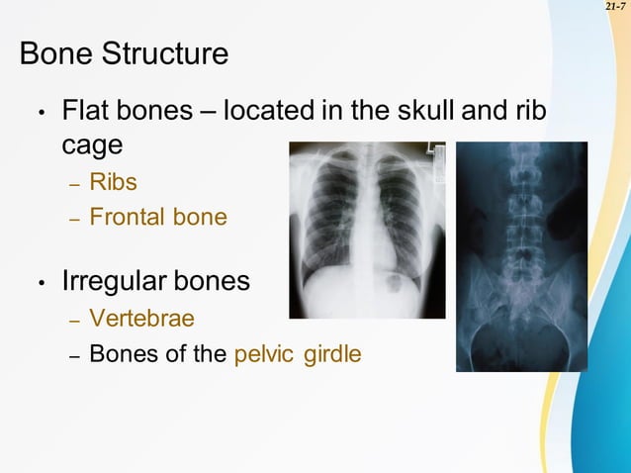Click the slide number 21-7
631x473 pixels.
click(x=614, y=7)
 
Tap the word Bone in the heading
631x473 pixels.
click(x=51, y=53)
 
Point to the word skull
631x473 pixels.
click(x=414, y=110)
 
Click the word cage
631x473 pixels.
click(x=92, y=144)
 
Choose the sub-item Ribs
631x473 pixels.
click(x=113, y=182)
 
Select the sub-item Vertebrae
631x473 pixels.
click(x=141, y=319)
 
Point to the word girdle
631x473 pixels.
click(x=331, y=353)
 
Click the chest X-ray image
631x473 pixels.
click(x=367, y=230)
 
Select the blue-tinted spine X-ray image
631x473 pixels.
click(x=521, y=256)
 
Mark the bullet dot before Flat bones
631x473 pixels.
click(x=41, y=113)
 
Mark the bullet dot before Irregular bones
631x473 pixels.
click(x=41, y=284)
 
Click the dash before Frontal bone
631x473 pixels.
click(x=73, y=218)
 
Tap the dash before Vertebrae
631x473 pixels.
click(x=73, y=321)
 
